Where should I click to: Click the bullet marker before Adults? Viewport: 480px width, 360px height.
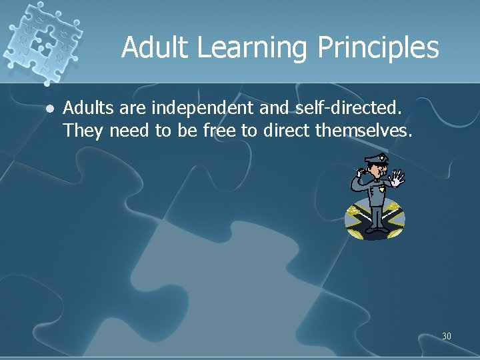click(x=49, y=107)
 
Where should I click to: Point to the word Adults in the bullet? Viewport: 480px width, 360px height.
click(x=85, y=107)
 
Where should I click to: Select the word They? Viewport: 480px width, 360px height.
click(x=83, y=131)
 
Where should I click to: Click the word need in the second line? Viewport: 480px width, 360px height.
click(x=129, y=131)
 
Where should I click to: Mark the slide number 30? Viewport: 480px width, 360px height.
click(x=446, y=336)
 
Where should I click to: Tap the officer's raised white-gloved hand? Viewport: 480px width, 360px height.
click(x=397, y=178)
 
